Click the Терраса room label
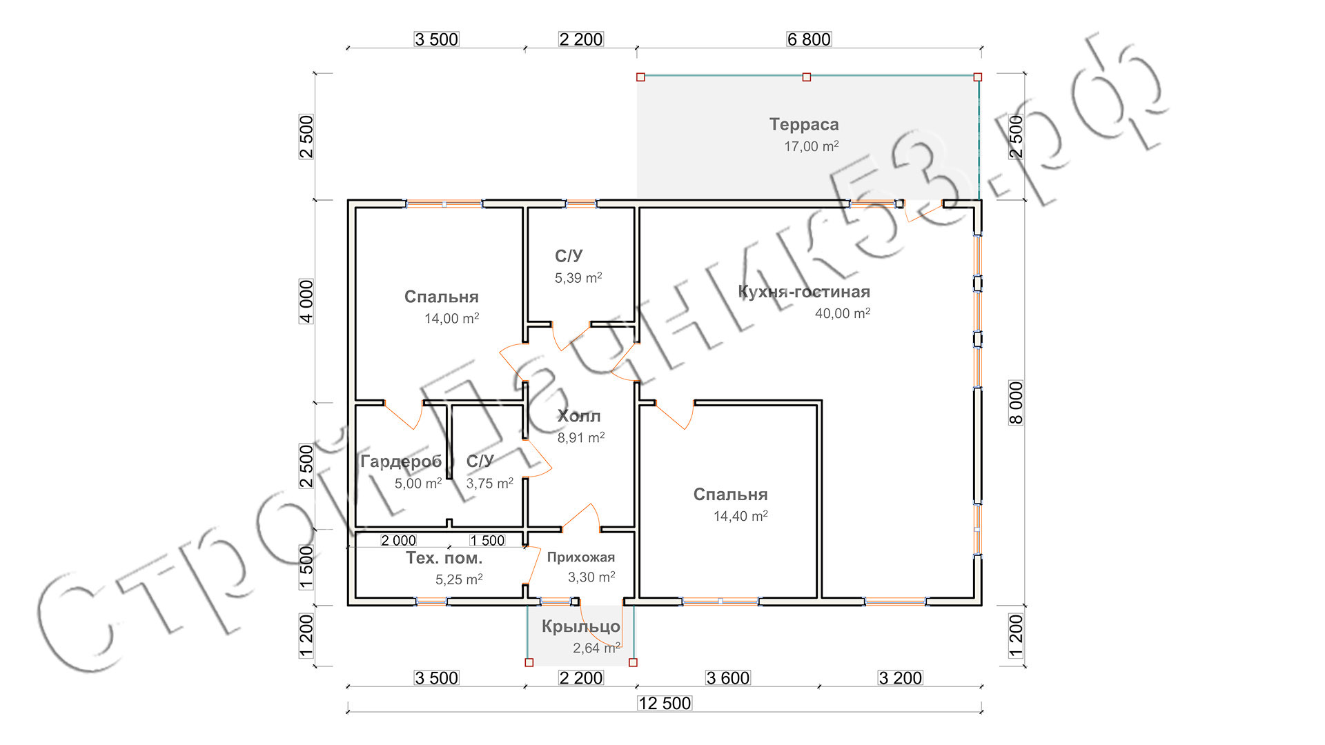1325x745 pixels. pos(804,125)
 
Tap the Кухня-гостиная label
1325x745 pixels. pos(804,292)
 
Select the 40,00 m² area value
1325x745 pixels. pos(842,313)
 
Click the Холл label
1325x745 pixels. pos(579,416)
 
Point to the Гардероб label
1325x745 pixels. pos(401,461)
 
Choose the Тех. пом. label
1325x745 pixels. pos(444,558)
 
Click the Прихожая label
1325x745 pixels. pos(581,557)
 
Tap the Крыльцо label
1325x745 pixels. pos(581,626)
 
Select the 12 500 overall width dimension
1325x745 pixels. pos(665,703)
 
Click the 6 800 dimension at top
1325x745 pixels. pos(809,39)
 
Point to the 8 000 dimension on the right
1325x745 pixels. pos(1016,403)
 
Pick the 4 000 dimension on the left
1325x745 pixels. pos(306,301)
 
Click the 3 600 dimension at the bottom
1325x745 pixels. pos(728,678)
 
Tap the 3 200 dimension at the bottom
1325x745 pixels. pos(901,678)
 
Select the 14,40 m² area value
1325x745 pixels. pos(740,516)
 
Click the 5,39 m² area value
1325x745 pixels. pos(578,278)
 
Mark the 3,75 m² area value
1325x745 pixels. pos(489,484)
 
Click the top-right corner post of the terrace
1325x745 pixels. pos(977,77)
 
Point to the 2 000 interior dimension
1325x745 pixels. pos(399,540)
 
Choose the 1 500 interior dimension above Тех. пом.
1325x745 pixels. pos(487,540)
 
